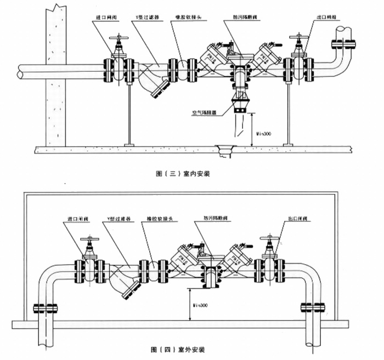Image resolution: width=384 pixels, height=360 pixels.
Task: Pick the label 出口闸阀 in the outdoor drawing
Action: click(x=297, y=219)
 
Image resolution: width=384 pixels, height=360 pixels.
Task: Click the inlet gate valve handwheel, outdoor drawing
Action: click(x=88, y=240)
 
